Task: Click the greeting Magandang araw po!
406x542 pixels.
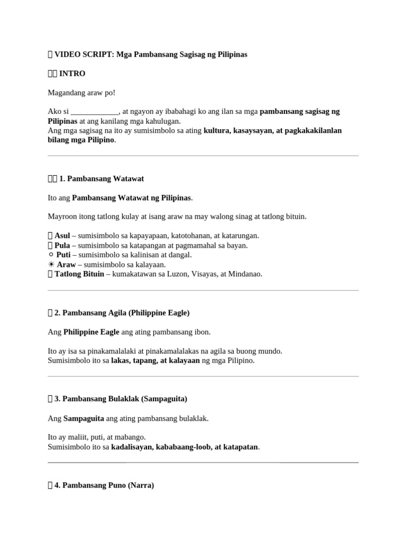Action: click(x=81, y=93)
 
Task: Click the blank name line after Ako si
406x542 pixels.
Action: click(x=95, y=112)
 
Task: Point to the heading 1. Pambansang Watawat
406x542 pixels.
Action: click(x=101, y=179)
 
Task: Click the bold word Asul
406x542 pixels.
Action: click(x=62, y=236)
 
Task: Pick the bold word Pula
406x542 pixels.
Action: click(x=62, y=245)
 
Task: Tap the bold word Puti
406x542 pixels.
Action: click(x=63, y=255)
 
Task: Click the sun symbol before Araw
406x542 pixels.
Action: click(x=51, y=264)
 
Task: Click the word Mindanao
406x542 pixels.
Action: click(x=245, y=274)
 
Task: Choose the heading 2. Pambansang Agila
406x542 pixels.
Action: click(x=125, y=313)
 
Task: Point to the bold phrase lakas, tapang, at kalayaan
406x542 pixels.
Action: click(x=155, y=360)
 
